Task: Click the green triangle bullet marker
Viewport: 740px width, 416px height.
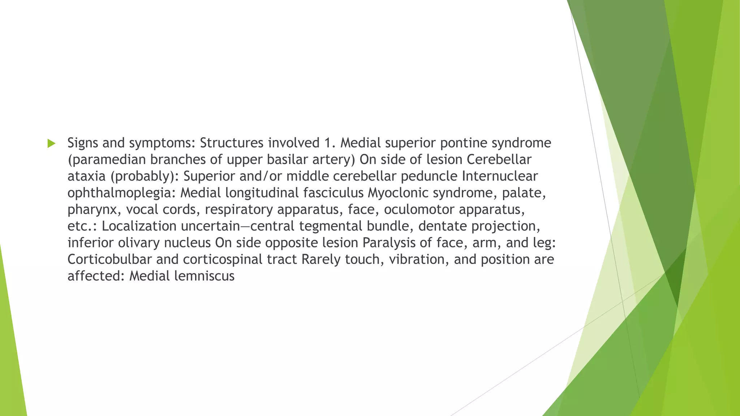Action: click(x=51, y=143)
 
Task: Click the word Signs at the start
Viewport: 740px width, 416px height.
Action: click(x=83, y=143)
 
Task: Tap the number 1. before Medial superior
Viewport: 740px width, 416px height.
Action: click(x=330, y=143)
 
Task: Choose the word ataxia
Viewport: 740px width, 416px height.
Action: click(x=87, y=176)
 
